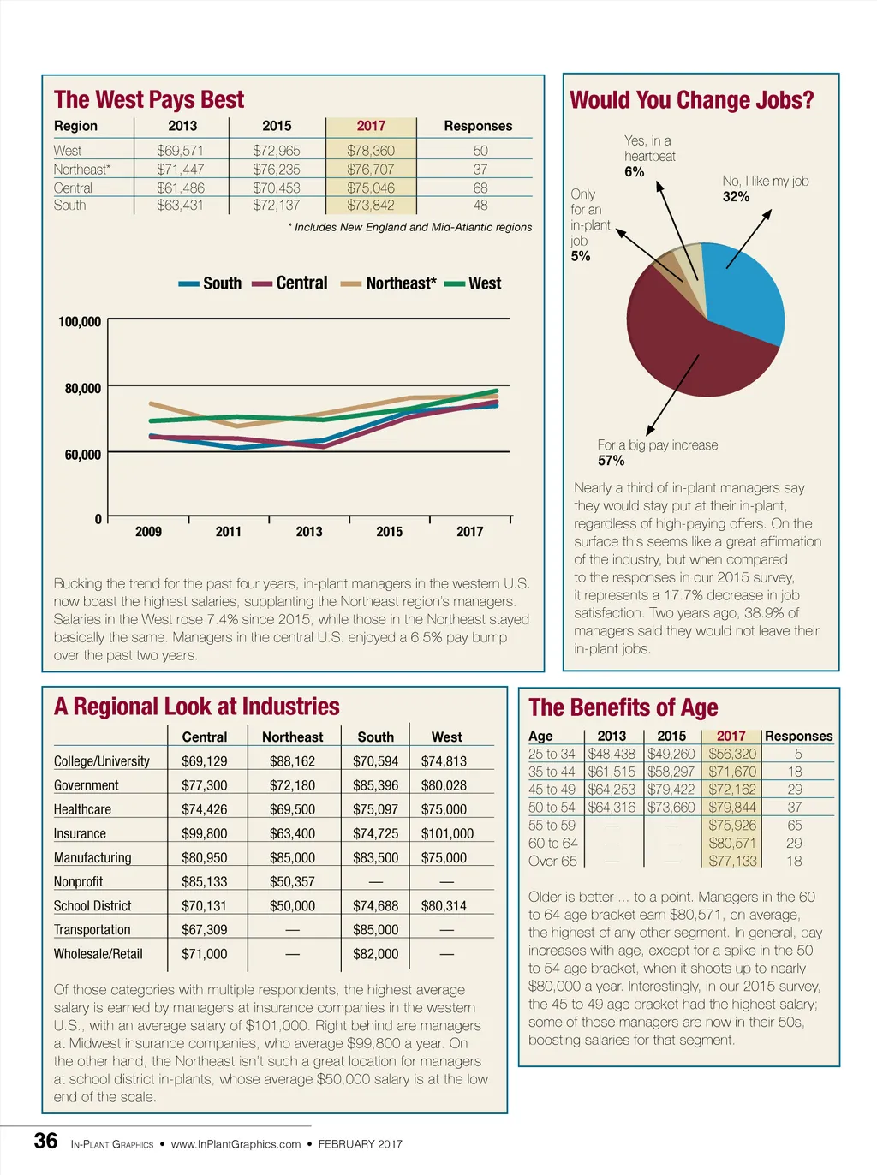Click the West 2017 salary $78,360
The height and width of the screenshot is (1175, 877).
[370, 151]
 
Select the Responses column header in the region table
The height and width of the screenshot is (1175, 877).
[478, 126]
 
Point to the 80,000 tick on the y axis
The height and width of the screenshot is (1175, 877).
[82, 389]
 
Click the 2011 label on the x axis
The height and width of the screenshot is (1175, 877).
[229, 532]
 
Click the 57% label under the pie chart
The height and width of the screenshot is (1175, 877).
[612, 461]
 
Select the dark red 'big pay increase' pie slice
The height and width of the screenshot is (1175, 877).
[685, 351]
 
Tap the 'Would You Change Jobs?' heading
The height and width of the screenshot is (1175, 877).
[692, 101]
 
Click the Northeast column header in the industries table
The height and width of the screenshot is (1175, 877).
[292, 737]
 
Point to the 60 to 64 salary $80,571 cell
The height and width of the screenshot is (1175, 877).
[732, 844]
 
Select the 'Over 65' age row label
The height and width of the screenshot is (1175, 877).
[553, 862]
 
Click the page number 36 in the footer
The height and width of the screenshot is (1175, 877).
[45, 1142]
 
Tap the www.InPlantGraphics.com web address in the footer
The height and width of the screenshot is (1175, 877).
[236, 1144]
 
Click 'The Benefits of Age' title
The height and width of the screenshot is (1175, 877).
[623, 708]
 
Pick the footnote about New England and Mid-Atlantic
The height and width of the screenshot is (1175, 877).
[409, 228]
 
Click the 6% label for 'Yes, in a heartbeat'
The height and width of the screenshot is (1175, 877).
[634, 172]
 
